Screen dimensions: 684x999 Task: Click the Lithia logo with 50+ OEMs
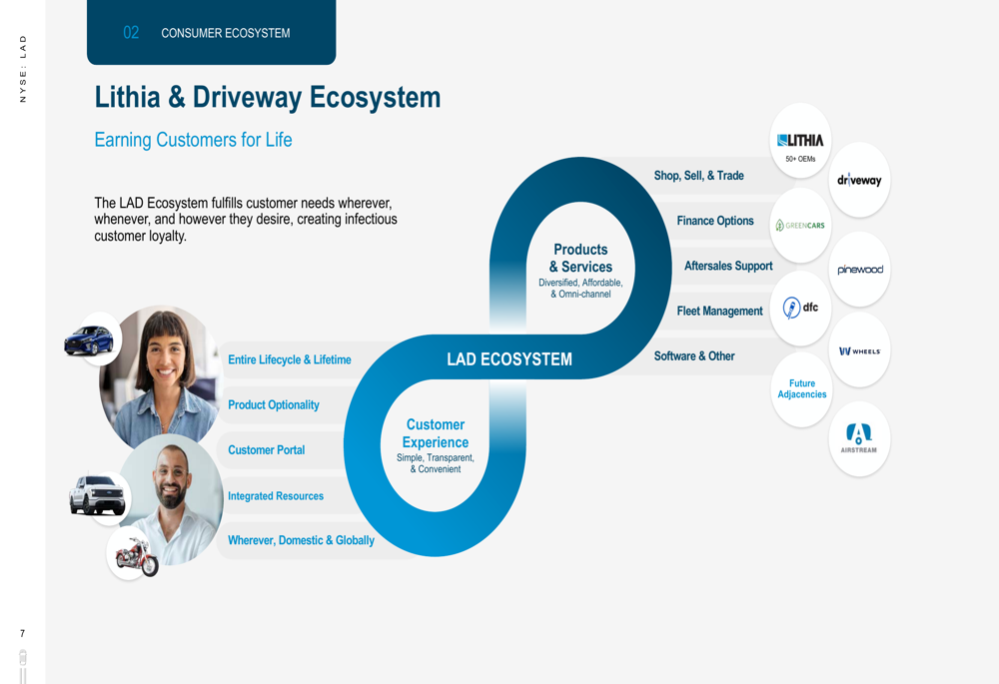click(800, 142)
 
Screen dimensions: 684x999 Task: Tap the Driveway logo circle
click(859, 181)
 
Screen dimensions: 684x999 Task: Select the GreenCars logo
click(800, 226)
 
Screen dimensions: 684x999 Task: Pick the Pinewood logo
click(859, 270)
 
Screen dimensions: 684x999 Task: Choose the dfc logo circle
click(800, 308)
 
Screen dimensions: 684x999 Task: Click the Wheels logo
click(859, 350)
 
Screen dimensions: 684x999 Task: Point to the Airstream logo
click(859, 439)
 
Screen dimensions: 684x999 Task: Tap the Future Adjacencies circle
click(801, 389)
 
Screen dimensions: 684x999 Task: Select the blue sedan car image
click(90, 341)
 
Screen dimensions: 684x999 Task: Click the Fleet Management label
click(719, 312)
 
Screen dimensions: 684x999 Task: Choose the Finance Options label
click(715, 221)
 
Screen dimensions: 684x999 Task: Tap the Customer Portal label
click(266, 450)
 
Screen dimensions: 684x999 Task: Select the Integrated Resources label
click(276, 496)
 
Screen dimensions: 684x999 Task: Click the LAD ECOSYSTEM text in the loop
click(509, 359)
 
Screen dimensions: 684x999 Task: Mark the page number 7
click(23, 634)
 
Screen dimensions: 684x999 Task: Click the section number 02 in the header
click(131, 33)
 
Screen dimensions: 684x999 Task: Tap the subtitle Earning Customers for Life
click(193, 140)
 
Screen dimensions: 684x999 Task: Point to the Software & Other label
click(694, 356)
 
